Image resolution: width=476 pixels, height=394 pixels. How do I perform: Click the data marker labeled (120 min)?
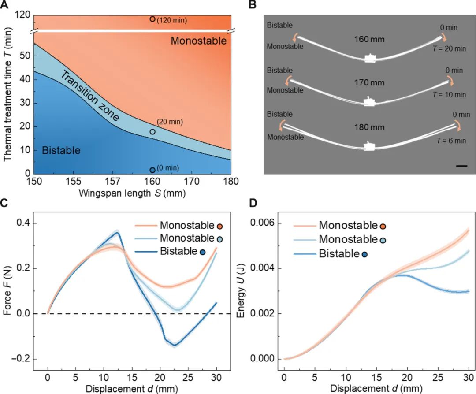[152, 19]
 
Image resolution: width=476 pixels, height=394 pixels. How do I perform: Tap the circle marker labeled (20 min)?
[152, 131]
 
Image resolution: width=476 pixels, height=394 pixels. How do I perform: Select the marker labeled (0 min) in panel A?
[152, 170]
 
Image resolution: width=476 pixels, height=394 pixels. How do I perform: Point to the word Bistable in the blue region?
[61, 151]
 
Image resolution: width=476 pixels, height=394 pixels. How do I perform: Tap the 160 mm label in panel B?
[369, 39]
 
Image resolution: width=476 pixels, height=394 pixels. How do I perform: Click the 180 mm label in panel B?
[369, 127]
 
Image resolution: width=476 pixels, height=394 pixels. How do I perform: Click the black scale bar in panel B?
[461, 166]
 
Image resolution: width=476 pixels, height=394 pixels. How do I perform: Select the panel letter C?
[5, 204]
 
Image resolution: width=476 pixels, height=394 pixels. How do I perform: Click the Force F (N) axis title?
[7, 291]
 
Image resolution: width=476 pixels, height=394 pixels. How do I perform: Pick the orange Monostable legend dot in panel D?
[383, 226]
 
